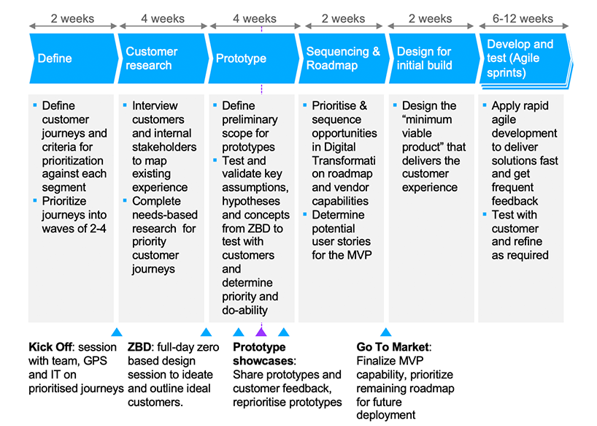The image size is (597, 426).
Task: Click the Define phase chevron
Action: (73, 58)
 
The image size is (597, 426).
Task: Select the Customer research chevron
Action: (163, 58)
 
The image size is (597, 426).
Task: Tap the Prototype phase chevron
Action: (253, 58)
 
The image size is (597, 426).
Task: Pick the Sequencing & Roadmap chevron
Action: (344, 58)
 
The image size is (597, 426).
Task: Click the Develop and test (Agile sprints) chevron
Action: (525, 60)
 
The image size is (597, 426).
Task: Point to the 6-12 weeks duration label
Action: (523, 18)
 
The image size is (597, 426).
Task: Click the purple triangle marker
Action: (261, 332)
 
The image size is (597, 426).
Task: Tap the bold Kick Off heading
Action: (50, 347)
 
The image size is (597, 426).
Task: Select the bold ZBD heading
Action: (139, 347)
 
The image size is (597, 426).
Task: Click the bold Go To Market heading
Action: (393, 347)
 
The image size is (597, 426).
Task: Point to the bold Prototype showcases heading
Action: (263, 354)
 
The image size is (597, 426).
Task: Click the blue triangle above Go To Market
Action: (385, 332)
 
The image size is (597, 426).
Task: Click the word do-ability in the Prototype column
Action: (244, 310)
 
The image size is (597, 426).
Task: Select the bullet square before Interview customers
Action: (125, 104)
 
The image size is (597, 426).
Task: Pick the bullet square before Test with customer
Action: (485, 214)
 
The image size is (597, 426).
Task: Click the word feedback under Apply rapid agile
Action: (515, 201)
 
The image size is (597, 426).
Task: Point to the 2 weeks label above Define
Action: (72, 18)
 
